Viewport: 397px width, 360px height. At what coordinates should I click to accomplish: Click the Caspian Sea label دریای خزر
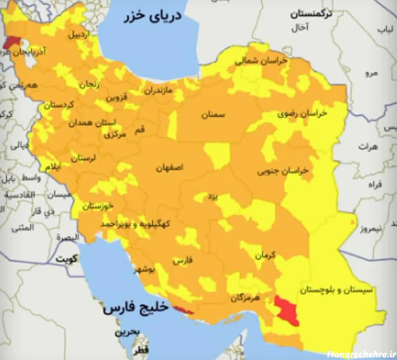click(x=153, y=17)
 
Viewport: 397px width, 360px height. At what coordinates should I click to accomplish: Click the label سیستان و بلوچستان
click(x=336, y=290)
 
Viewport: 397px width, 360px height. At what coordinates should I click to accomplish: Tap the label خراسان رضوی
click(x=302, y=113)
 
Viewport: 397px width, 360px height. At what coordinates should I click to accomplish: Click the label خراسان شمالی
click(x=261, y=61)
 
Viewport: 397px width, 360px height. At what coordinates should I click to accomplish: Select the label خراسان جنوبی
click(x=283, y=171)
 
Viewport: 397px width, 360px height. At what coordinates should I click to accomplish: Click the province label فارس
click(x=183, y=260)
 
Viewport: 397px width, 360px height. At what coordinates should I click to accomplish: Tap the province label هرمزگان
click(x=246, y=298)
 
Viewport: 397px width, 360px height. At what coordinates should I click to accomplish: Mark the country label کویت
click(x=67, y=259)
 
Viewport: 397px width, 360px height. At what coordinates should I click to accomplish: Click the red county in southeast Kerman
click(x=287, y=310)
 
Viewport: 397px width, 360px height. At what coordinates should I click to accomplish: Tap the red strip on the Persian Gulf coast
click(x=183, y=309)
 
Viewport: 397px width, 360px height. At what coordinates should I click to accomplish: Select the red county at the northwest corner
click(x=12, y=42)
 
